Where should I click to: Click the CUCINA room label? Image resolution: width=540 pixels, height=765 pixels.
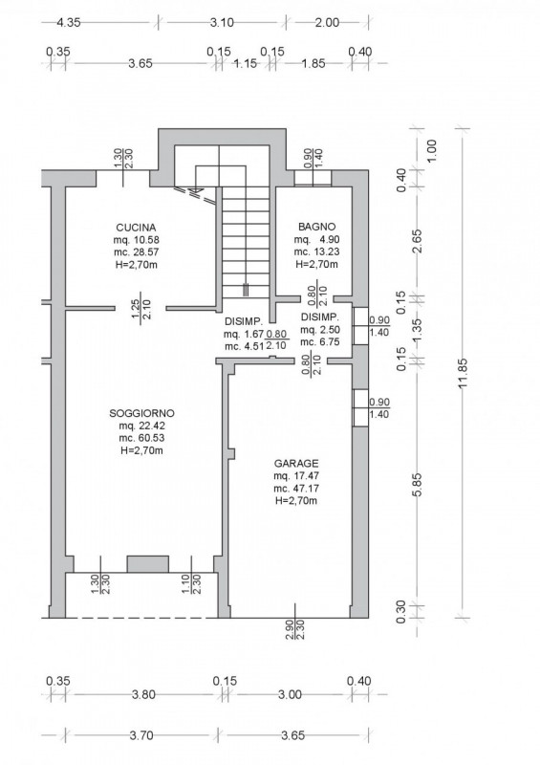[x=136, y=228]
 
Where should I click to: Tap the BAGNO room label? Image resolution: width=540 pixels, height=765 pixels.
[x=317, y=227]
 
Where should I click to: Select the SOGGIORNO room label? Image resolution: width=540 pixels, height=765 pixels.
[x=141, y=413]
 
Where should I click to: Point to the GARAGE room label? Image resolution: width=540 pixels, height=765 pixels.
[x=296, y=463]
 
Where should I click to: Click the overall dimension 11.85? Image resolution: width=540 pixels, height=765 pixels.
[x=463, y=373]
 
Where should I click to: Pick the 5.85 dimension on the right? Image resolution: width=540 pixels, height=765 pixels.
[x=418, y=485]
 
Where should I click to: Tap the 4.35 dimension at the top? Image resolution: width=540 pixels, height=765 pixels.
[x=68, y=22]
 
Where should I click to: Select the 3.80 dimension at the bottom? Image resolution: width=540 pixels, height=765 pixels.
[x=143, y=694]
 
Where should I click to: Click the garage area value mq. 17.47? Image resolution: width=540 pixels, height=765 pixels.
[x=296, y=475]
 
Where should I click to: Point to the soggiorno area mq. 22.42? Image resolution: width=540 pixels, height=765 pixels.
[x=141, y=426]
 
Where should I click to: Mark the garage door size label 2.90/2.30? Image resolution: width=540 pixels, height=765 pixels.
[x=294, y=630]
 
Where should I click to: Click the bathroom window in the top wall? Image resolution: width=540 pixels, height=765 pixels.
[x=313, y=178]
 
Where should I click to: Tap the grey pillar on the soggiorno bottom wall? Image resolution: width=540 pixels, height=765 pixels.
[x=148, y=564]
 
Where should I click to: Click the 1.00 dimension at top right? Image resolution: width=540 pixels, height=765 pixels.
[x=432, y=150]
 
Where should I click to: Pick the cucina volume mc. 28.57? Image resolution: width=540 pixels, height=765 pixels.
[x=136, y=252]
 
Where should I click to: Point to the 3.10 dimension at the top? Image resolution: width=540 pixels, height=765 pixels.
[x=222, y=22]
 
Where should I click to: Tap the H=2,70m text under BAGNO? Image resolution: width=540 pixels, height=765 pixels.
[x=317, y=265]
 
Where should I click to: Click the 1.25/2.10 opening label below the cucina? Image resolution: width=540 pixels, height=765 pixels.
[x=141, y=309]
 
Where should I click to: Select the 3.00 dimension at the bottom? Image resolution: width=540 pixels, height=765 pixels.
[x=290, y=694]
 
